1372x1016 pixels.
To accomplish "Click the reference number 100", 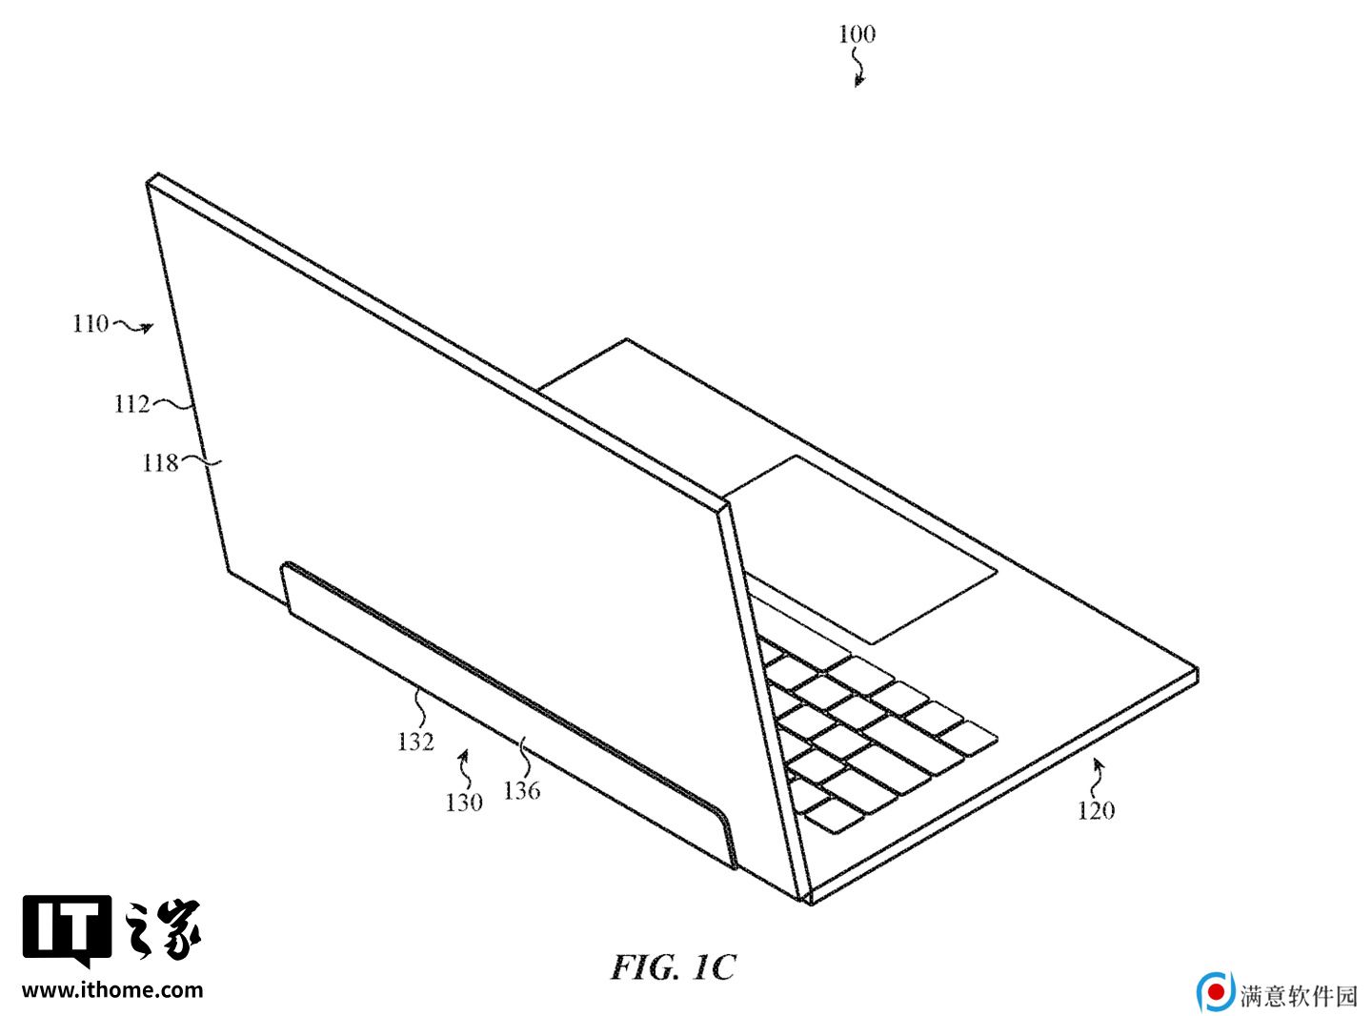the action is [x=857, y=33].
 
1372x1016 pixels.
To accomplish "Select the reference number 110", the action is [x=91, y=324].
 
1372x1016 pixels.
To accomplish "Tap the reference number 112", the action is [x=131, y=404].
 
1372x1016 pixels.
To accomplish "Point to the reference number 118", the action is [x=160, y=462].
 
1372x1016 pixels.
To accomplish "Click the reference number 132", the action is [x=415, y=741].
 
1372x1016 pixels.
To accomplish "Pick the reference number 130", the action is [x=464, y=802].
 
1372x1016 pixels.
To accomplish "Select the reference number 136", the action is [x=522, y=790].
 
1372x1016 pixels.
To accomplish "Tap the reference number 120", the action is [x=1096, y=810].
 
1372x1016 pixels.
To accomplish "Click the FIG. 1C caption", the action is [x=673, y=966].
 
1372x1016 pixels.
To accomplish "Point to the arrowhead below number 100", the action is [x=858, y=81].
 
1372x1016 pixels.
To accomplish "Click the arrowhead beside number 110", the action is [x=148, y=328].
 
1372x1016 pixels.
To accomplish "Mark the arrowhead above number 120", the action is [x=1099, y=765].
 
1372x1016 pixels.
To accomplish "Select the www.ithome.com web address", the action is [x=112, y=990].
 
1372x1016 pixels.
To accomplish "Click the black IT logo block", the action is [x=68, y=930].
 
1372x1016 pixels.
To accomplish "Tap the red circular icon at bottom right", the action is [x=1217, y=992].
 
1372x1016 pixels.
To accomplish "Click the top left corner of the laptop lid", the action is [x=148, y=181].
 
